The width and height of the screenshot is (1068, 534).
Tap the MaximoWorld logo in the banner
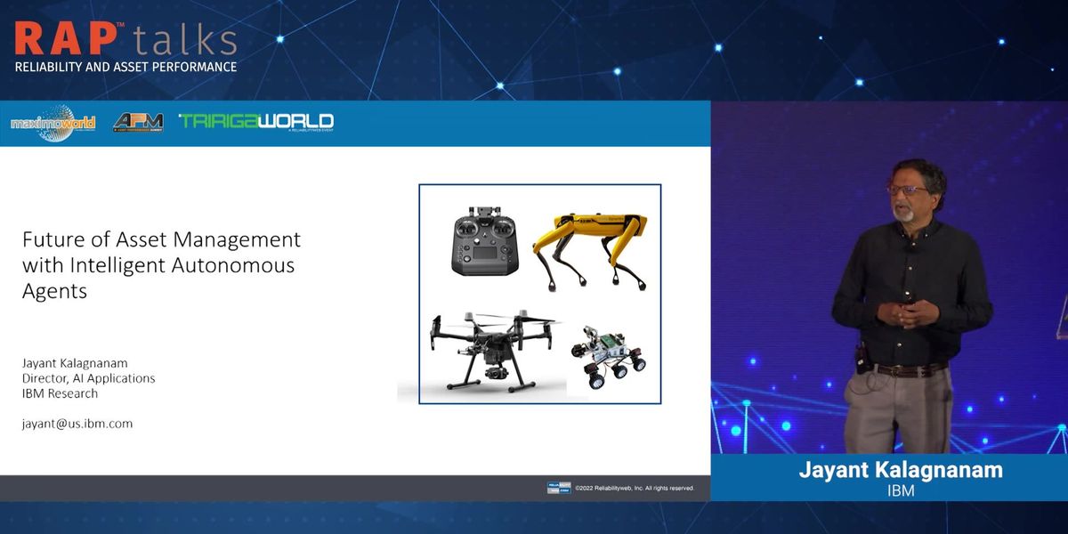[x=53, y=123]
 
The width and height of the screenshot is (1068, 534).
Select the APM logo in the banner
[x=138, y=123]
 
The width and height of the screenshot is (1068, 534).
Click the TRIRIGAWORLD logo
[x=255, y=122]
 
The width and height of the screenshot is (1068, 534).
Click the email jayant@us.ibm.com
[x=77, y=424]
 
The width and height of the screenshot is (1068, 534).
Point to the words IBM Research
[x=60, y=393]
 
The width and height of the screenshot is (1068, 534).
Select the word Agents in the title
[x=54, y=291]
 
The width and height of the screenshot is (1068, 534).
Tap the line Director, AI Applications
[x=88, y=378]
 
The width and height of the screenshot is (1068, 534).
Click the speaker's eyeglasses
[x=903, y=189]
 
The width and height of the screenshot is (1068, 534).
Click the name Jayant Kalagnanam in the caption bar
[x=901, y=470]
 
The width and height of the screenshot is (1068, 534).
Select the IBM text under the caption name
[x=901, y=490]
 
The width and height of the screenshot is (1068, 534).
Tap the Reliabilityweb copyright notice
[x=634, y=488]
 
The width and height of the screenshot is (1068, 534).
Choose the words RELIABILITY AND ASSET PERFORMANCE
[x=125, y=67]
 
